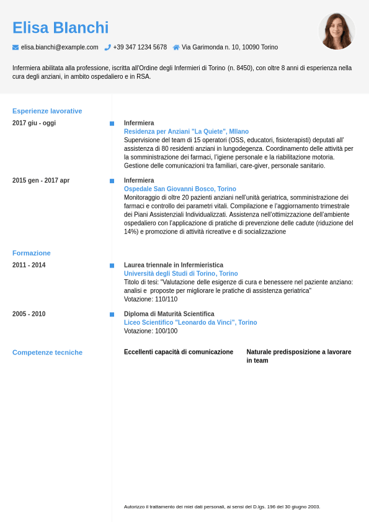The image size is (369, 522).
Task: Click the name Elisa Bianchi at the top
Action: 60,28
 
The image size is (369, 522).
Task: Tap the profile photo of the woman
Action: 337,31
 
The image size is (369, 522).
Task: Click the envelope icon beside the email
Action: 16,47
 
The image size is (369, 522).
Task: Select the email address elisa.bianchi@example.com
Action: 60,47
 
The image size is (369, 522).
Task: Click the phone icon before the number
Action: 107,47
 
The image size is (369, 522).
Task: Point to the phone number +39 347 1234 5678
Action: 140,47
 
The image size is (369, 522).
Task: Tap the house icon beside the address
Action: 176,47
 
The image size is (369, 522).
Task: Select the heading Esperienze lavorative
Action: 47,111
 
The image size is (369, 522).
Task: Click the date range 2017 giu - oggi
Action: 34,123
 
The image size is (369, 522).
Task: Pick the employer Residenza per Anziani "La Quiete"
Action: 186,132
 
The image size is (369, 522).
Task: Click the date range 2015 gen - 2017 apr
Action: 41,181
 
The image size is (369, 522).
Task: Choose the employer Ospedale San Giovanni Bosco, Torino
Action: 180,189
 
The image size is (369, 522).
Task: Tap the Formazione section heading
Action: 32,253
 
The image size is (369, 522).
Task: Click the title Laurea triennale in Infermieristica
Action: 174,265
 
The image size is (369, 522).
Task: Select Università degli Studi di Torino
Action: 180,274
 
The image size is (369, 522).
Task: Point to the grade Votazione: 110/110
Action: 151,299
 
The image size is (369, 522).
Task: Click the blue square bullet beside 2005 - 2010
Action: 112,315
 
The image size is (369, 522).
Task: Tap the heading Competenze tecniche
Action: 47,353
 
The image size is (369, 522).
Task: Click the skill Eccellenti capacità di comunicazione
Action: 179,352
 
